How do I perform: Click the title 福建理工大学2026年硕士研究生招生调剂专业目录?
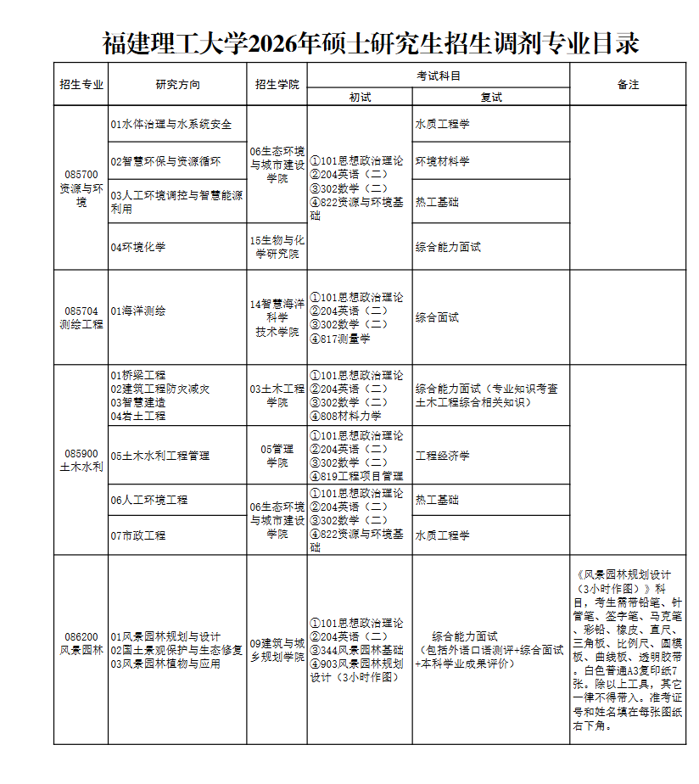pyautogui.click(x=371, y=42)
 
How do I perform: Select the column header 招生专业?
pyautogui.click(x=81, y=85)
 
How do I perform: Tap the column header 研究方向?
pyautogui.click(x=177, y=85)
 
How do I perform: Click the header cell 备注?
pyautogui.click(x=628, y=85)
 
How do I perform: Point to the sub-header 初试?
pyautogui.click(x=360, y=98)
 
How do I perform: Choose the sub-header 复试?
pyautogui.click(x=490, y=98)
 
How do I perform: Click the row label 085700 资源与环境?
pyautogui.click(x=81, y=188)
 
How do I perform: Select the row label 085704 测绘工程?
pyautogui.click(x=81, y=317)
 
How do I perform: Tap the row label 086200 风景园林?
pyautogui.click(x=81, y=643)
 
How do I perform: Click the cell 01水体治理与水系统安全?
pyautogui.click(x=171, y=124)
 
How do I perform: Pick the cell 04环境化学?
pyautogui.click(x=137, y=247)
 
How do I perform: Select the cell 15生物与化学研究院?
pyautogui.click(x=277, y=247)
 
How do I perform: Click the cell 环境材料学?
pyautogui.click(x=442, y=161)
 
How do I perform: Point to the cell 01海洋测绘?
pyautogui.click(x=137, y=311)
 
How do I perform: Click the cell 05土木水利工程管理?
pyautogui.click(x=159, y=456)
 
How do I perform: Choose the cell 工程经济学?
pyautogui.click(x=442, y=456)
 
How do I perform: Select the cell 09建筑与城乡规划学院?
pyautogui.click(x=277, y=649)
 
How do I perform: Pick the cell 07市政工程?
pyautogui.click(x=137, y=535)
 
